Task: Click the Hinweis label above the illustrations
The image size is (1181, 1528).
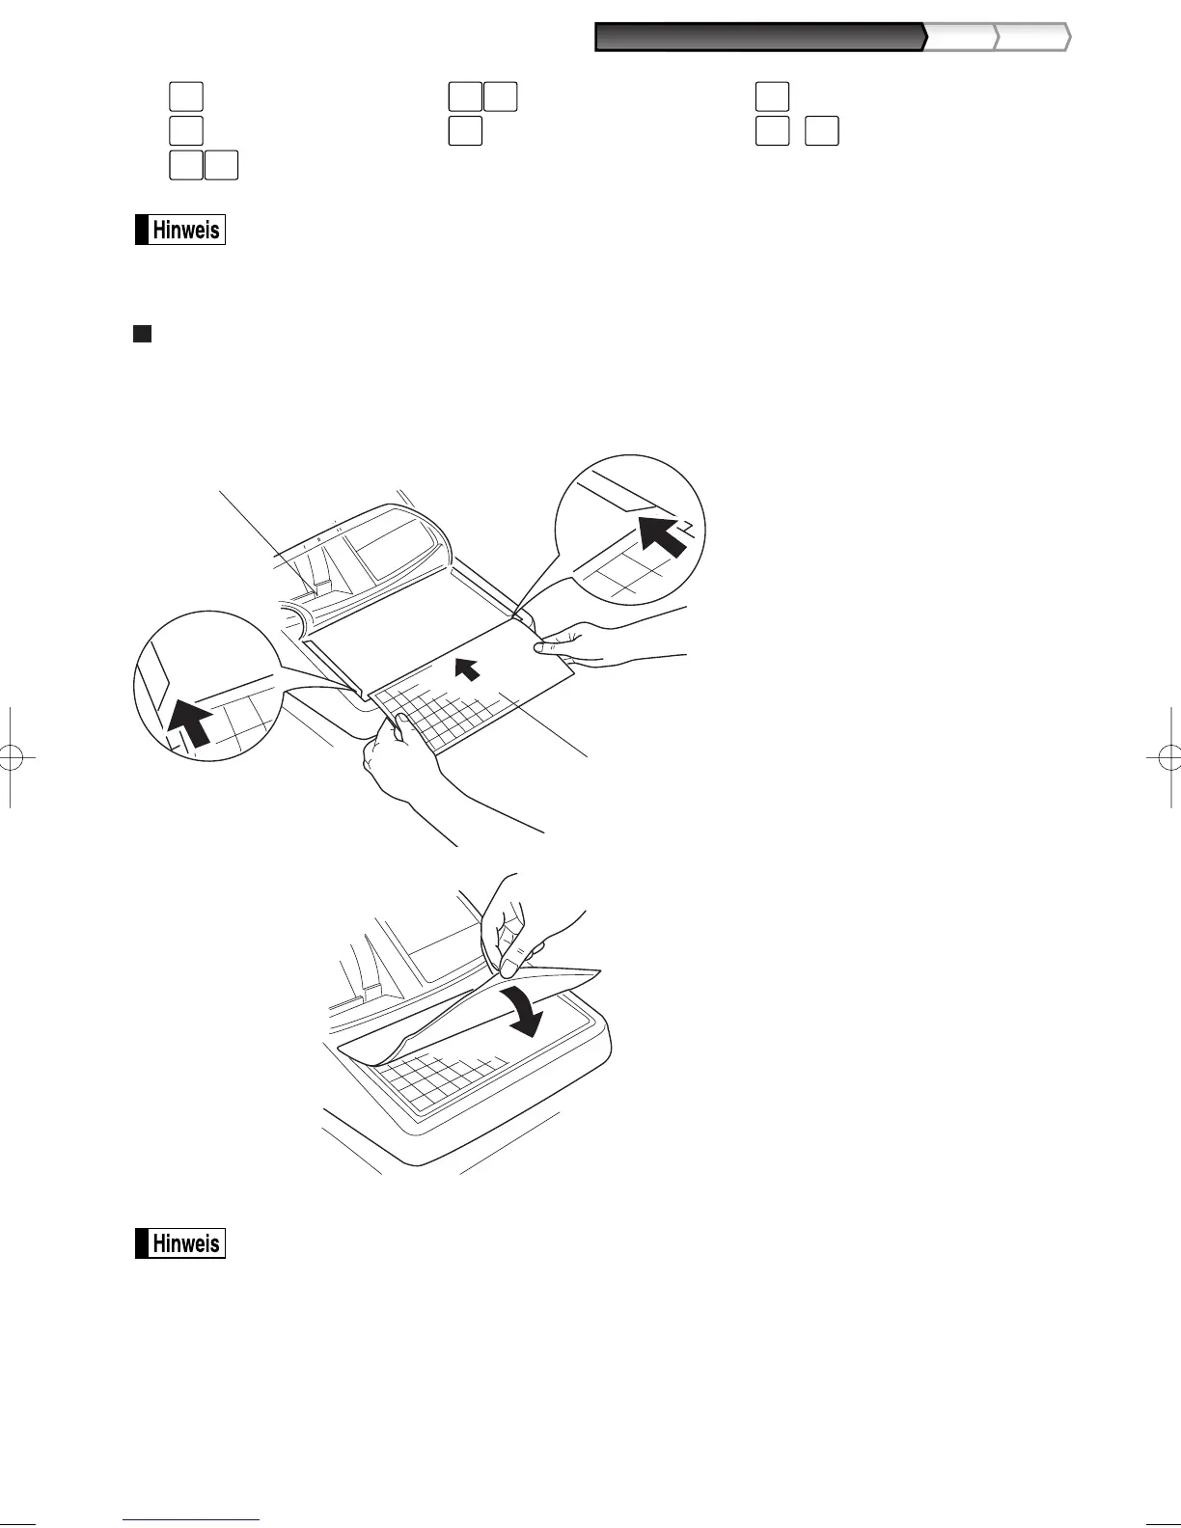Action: [180, 231]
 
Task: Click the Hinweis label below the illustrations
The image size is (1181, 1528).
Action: [180, 1243]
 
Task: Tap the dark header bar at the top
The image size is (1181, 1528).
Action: [759, 38]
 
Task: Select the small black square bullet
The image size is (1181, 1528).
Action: [142, 334]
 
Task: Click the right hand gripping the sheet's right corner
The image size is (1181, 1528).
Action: [598, 641]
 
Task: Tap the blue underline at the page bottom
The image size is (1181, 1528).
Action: [191, 1521]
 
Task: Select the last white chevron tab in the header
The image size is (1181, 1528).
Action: [1033, 38]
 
